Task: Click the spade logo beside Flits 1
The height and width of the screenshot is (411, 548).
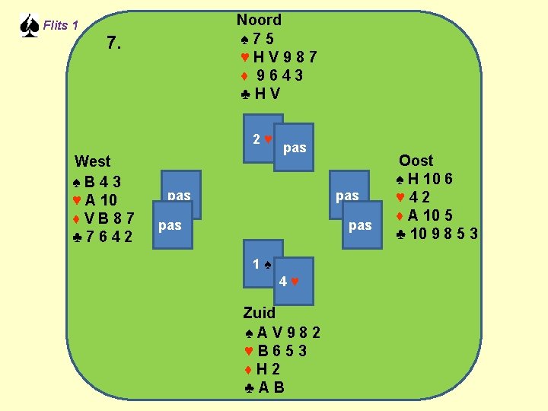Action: click(28, 25)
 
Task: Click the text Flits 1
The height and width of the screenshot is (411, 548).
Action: click(61, 25)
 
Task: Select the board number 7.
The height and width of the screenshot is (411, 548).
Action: click(113, 43)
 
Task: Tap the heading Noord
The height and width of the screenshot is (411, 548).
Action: click(259, 20)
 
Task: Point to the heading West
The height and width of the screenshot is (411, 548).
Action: click(92, 161)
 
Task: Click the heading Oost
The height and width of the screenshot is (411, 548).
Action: click(416, 161)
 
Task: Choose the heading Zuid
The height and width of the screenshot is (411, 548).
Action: click(259, 312)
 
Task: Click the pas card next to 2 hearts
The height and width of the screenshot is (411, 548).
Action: click(295, 148)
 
